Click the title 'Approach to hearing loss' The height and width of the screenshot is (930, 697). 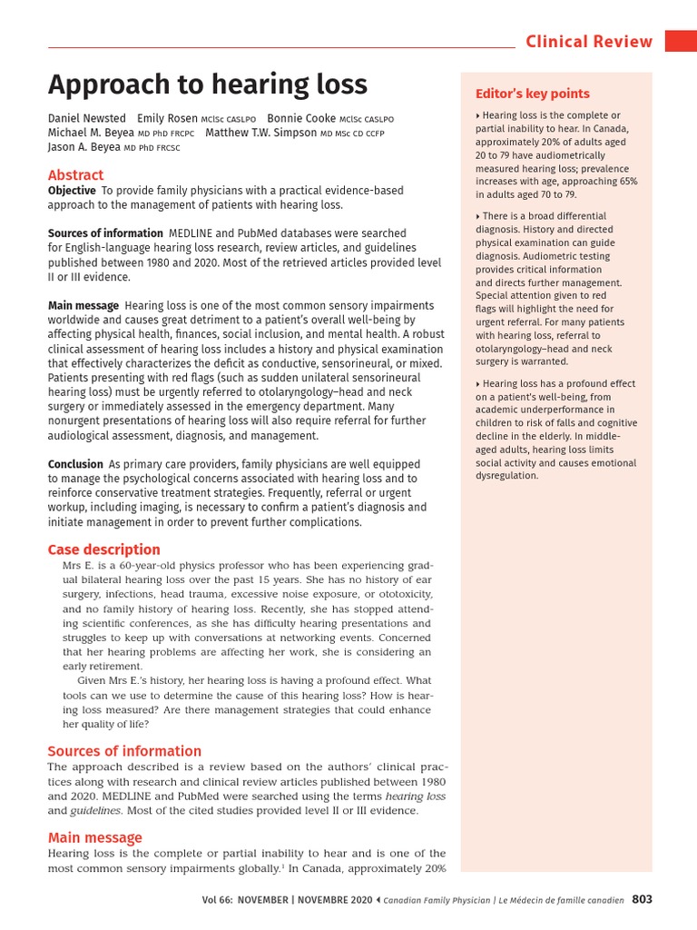(x=208, y=84)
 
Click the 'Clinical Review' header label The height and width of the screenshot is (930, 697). (x=589, y=41)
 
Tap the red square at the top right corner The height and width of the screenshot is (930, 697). (x=681, y=41)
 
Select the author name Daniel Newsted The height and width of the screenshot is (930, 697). (x=87, y=119)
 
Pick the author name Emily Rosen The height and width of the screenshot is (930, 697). (x=168, y=119)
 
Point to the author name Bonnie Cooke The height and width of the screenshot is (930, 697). (x=301, y=119)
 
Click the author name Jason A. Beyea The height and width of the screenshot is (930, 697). (x=83, y=147)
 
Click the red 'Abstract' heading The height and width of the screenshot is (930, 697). (x=75, y=174)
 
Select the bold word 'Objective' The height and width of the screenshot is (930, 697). (x=72, y=191)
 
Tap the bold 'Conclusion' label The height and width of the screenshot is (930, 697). (x=75, y=464)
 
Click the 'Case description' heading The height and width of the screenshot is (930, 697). (x=103, y=549)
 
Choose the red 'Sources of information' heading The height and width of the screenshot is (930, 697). (x=124, y=751)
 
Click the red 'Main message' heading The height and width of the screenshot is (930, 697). (x=94, y=837)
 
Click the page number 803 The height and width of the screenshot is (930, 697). (x=642, y=900)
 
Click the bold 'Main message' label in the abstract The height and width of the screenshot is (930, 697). (x=83, y=306)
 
